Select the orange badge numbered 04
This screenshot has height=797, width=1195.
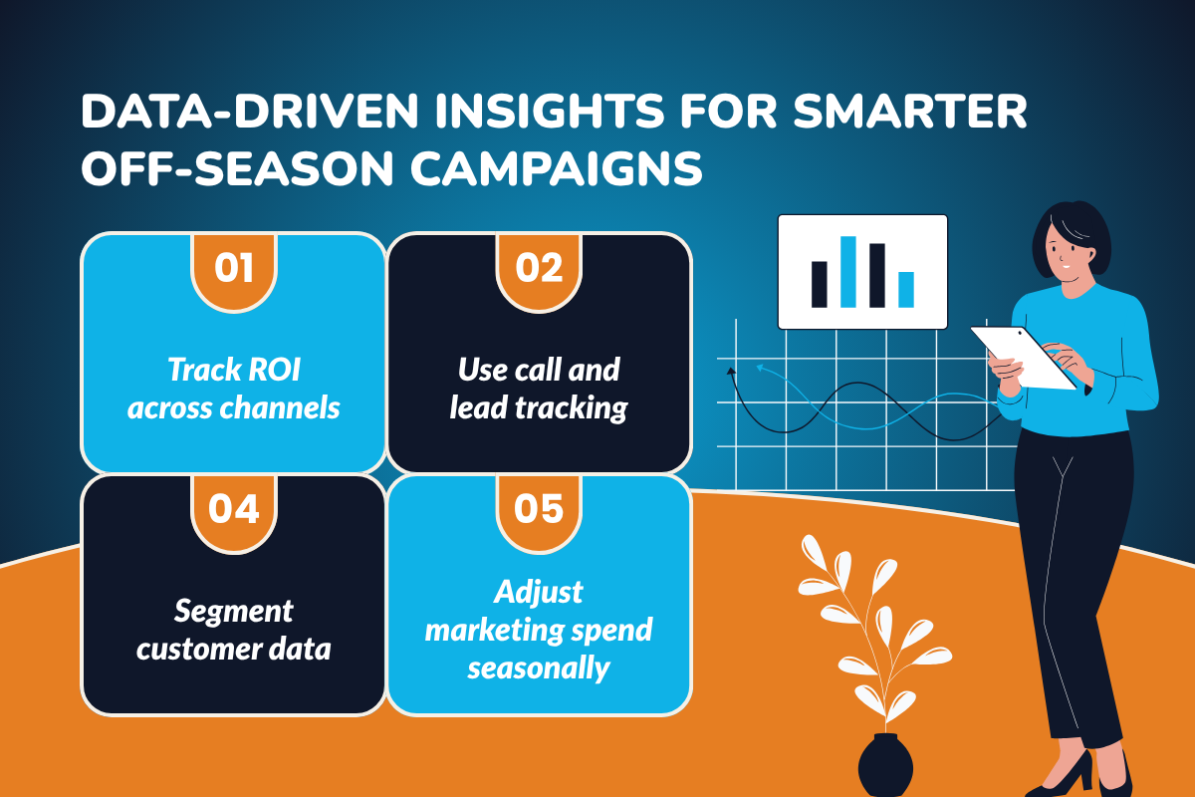coord(234,510)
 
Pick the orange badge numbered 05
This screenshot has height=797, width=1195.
coord(539,510)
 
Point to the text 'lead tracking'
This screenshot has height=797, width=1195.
coord(539,407)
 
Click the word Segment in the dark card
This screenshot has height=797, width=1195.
coord(234,610)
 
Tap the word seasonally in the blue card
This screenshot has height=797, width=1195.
coord(539,666)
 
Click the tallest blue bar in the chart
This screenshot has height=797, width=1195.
coord(848,271)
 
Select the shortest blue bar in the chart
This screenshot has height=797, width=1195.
coord(906,289)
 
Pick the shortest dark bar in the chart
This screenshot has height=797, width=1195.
coord(820,284)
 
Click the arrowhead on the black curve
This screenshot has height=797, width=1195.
coord(732,371)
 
